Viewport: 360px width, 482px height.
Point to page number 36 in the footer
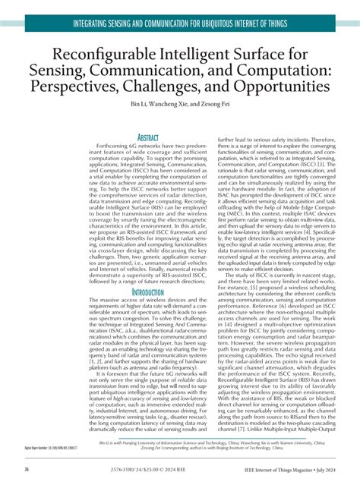point(27,470)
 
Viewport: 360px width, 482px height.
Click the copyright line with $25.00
point(150,470)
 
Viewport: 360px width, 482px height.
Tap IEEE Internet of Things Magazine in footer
point(276,470)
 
